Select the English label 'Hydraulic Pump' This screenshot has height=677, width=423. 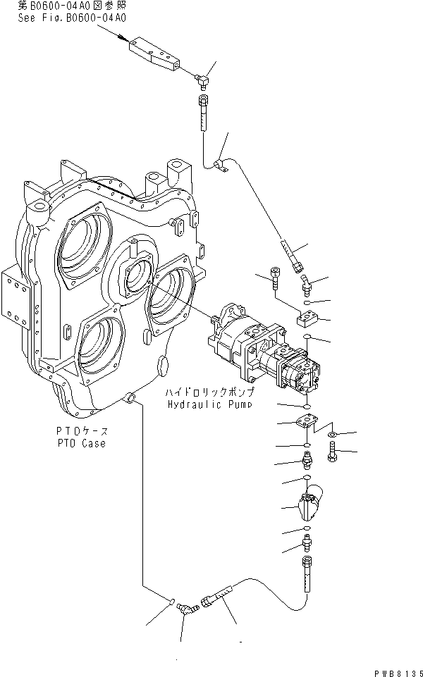(209, 404)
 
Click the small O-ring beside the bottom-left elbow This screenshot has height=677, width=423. (172, 601)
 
